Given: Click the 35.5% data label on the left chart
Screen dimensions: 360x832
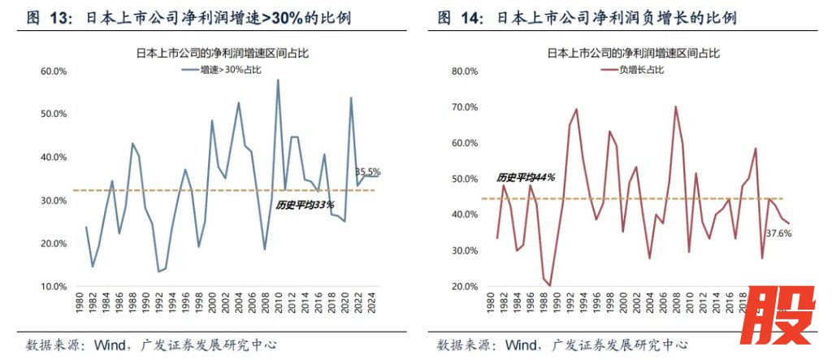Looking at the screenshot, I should pos(368,172).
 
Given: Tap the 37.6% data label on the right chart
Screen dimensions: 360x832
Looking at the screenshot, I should pos(779,233).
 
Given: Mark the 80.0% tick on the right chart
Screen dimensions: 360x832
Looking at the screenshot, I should pos(464,72).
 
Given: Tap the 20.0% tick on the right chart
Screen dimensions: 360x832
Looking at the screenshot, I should pos(464,287).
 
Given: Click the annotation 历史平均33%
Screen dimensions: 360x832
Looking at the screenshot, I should pos(305,206).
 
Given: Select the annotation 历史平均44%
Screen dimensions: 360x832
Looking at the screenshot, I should pos(526,177).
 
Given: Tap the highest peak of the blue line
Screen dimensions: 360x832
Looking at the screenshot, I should pos(278,80).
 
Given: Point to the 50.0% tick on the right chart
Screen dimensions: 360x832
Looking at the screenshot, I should pos(464,179).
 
